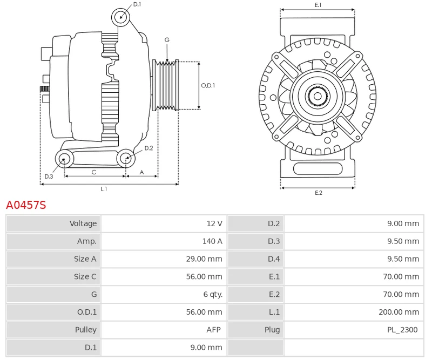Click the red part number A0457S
tap(26, 205)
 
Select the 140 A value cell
tap(212, 241)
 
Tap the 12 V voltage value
tap(214, 223)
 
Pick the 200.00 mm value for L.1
tap(399, 312)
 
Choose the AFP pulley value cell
tap(214, 330)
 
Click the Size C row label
tap(85, 276)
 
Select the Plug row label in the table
tap(272, 330)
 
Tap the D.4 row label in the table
tap(274, 259)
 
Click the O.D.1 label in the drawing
tap(208, 85)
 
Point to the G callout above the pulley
tap(167, 40)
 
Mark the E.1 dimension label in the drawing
tap(318, 5)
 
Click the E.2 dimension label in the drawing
tap(318, 193)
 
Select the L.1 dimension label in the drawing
tap(104, 189)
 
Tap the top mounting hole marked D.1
tap(121, 17)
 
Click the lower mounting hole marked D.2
tap(125, 158)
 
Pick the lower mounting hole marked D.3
tap(65, 159)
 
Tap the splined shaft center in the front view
tap(318, 97)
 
